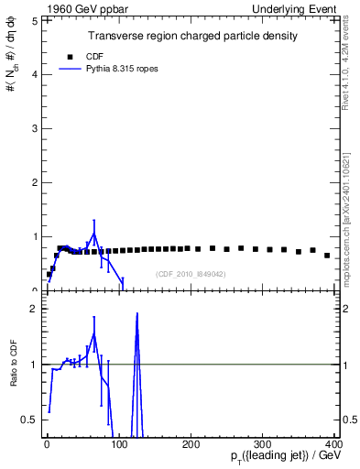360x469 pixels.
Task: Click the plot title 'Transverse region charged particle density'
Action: click(x=191, y=36)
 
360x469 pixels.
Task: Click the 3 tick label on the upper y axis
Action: click(x=34, y=128)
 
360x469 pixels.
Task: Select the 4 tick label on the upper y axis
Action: click(x=34, y=74)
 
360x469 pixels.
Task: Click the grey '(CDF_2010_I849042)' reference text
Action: click(x=191, y=274)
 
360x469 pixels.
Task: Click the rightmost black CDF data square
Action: click(x=327, y=256)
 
